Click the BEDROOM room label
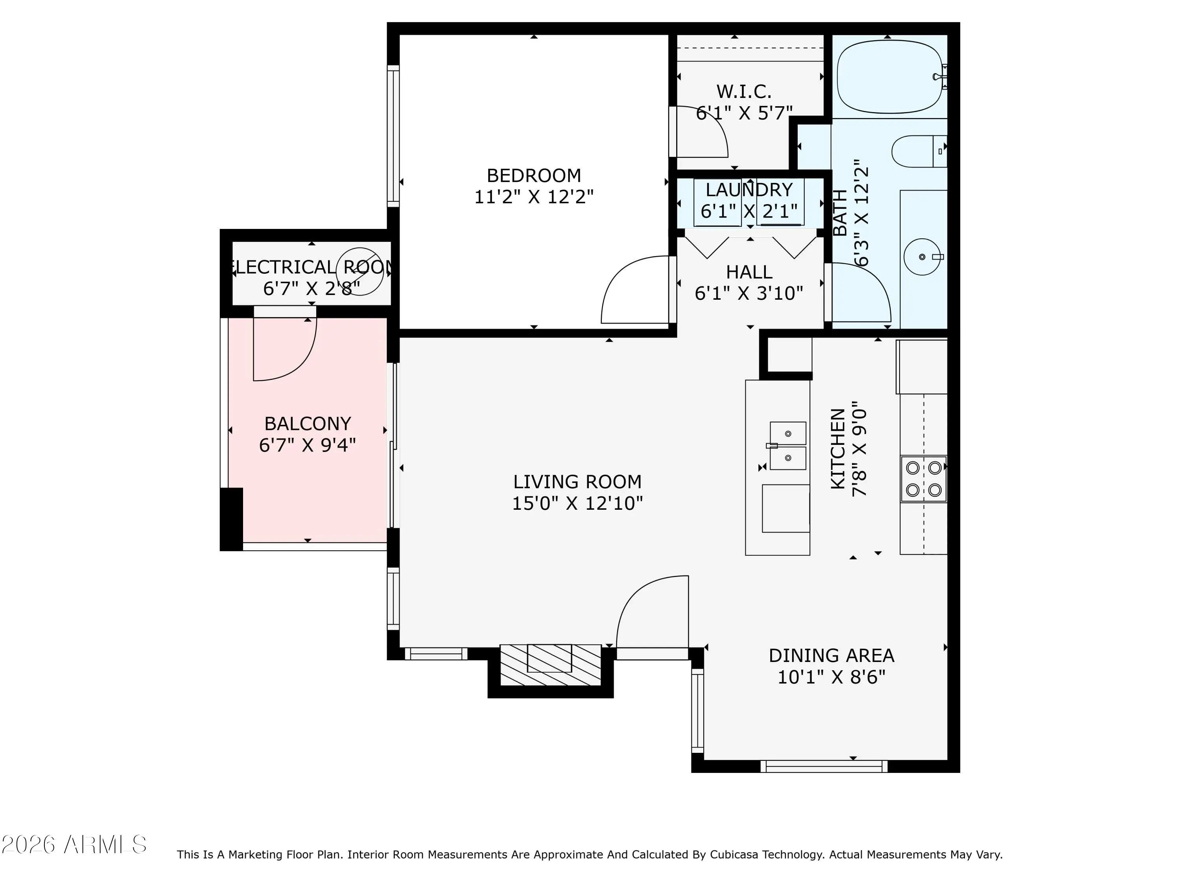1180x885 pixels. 533,175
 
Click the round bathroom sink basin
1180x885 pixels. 922,256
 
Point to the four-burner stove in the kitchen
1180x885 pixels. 924,479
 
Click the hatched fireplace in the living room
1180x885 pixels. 550,665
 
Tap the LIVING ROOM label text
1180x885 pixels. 577,482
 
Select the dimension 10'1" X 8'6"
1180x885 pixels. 831,677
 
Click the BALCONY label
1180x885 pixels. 308,424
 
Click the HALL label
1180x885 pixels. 749,272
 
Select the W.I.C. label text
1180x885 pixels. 744,92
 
